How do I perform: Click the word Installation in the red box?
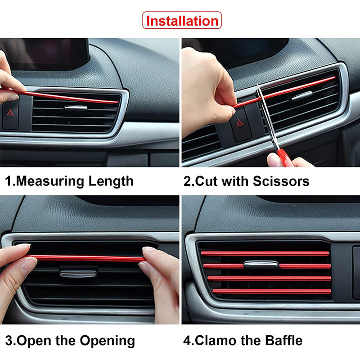pyautogui.click(x=182, y=21)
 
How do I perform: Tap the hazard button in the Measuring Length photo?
pyautogui.click(x=10, y=112)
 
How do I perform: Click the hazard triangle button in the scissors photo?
pyautogui.click(x=240, y=123)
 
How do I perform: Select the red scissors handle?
pyautogui.click(x=284, y=157)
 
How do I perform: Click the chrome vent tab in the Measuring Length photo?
pyautogui.click(x=76, y=107)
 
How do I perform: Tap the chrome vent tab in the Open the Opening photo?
pyautogui.click(x=78, y=274)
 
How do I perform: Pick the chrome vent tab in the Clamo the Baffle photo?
pyautogui.click(x=261, y=264)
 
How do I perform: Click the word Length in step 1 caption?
pyautogui.click(x=111, y=181)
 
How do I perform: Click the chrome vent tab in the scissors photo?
pyautogui.click(x=301, y=95)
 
